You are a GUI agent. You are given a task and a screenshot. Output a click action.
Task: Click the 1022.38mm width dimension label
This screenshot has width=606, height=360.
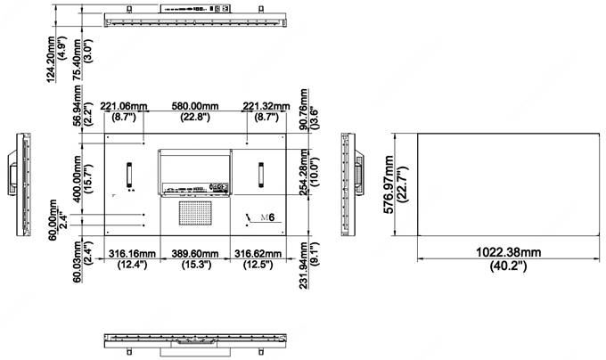(x=508, y=252)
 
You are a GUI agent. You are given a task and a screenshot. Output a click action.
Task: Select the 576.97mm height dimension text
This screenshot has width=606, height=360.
(x=389, y=184)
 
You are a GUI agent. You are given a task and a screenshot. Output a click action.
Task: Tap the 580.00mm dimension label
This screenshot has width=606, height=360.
(x=195, y=106)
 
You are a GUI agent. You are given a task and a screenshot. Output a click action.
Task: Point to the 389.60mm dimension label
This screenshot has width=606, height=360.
(x=195, y=254)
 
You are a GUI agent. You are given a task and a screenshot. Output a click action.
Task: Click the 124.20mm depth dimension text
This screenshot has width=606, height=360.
(x=51, y=59)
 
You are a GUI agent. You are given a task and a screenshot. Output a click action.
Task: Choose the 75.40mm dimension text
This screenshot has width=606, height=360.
(x=78, y=59)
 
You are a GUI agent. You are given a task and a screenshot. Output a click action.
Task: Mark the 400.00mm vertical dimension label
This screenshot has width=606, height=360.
(x=77, y=179)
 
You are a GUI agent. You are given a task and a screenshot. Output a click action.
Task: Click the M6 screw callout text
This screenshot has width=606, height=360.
(x=267, y=217)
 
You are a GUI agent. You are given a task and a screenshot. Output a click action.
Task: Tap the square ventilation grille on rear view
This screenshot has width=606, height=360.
(x=195, y=213)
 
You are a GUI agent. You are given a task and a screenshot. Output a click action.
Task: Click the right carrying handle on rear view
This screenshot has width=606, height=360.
(x=261, y=175)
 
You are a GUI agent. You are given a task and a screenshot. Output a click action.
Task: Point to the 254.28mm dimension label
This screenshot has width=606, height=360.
(x=304, y=172)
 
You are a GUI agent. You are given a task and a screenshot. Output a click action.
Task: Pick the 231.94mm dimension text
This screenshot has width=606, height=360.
(x=304, y=265)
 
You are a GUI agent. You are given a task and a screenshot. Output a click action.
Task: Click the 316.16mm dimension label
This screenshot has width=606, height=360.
(x=132, y=254)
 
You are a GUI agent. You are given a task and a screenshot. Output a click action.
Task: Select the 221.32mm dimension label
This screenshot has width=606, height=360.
(x=266, y=106)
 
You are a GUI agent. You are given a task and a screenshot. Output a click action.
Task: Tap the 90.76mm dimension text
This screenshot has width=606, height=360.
(x=304, y=109)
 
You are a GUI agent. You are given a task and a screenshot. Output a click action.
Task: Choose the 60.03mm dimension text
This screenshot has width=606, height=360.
(x=78, y=261)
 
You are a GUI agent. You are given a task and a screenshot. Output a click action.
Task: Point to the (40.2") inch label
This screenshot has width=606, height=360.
(x=508, y=266)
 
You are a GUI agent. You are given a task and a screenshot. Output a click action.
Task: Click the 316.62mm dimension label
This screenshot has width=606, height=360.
(x=258, y=254)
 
